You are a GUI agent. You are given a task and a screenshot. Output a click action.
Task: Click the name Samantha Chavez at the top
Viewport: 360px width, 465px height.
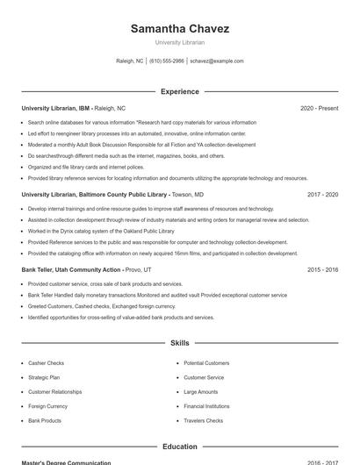[x=180, y=29]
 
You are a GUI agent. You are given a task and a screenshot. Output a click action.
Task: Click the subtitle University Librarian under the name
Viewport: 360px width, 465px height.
[x=180, y=42]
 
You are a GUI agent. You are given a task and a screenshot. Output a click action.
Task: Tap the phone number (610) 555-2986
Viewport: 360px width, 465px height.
[x=167, y=61]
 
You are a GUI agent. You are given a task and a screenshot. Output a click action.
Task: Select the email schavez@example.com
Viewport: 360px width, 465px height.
[x=217, y=61]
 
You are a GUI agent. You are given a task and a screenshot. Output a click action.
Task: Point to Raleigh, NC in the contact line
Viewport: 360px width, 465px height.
[x=130, y=61]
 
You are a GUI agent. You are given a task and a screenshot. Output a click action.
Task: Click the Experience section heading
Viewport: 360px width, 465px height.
[x=180, y=91]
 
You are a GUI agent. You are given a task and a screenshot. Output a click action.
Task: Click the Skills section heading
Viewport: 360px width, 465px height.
[x=180, y=343]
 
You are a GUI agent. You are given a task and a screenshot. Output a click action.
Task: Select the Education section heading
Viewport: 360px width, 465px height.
[x=180, y=447]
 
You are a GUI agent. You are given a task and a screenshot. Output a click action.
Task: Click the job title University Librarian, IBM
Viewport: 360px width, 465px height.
[x=56, y=108]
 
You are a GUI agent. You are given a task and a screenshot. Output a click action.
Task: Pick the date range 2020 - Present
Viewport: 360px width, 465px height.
[x=319, y=108]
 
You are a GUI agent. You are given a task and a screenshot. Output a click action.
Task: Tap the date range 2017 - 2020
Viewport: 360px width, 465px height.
[x=322, y=194]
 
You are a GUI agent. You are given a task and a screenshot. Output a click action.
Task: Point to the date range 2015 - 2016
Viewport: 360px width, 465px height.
[x=322, y=269]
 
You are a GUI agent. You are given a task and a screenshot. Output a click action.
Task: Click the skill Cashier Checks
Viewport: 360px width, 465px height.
[x=46, y=363]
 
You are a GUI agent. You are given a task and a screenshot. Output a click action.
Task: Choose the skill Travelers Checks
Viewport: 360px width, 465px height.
[x=203, y=421]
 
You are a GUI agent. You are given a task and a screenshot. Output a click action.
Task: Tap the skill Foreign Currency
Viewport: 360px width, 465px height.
[x=48, y=406]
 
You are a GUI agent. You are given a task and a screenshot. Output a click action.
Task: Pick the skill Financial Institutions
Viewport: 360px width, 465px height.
[x=206, y=406]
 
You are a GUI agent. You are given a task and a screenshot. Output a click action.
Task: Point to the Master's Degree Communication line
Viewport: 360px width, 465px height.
[x=66, y=462]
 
